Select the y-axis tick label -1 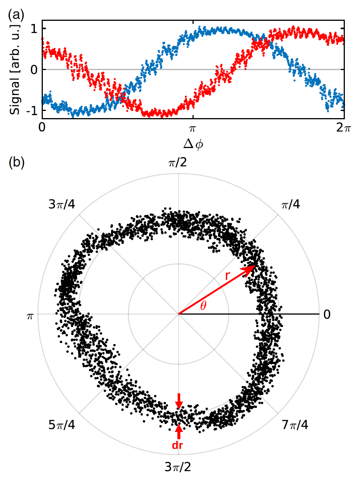tap(32, 110)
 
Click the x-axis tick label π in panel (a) tap(193, 128)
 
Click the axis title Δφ tap(193, 144)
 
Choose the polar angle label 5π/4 tap(62, 425)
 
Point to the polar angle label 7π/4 tap(295, 425)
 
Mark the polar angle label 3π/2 tap(178, 466)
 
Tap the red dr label tap(178, 446)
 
